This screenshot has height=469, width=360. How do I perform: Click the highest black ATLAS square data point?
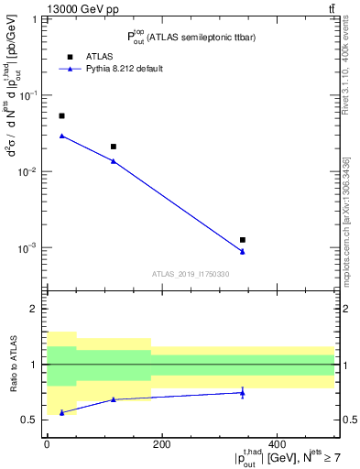click(x=61, y=116)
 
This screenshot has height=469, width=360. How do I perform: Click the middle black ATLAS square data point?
click(x=114, y=147)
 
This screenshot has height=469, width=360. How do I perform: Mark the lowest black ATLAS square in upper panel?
click(x=243, y=240)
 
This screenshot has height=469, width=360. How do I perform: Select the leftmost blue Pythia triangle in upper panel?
click(x=61, y=136)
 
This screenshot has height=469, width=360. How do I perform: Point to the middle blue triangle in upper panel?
click(x=114, y=161)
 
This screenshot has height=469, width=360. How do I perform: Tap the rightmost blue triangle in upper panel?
click(x=243, y=252)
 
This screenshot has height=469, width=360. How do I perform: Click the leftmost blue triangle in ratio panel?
click(x=61, y=413)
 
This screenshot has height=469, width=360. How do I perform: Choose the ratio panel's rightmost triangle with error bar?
click(x=243, y=392)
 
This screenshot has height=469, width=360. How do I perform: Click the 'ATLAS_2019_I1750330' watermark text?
click(x=191, y=274)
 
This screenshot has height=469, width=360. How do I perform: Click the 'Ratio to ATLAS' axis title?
click(x=12, y=364)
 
